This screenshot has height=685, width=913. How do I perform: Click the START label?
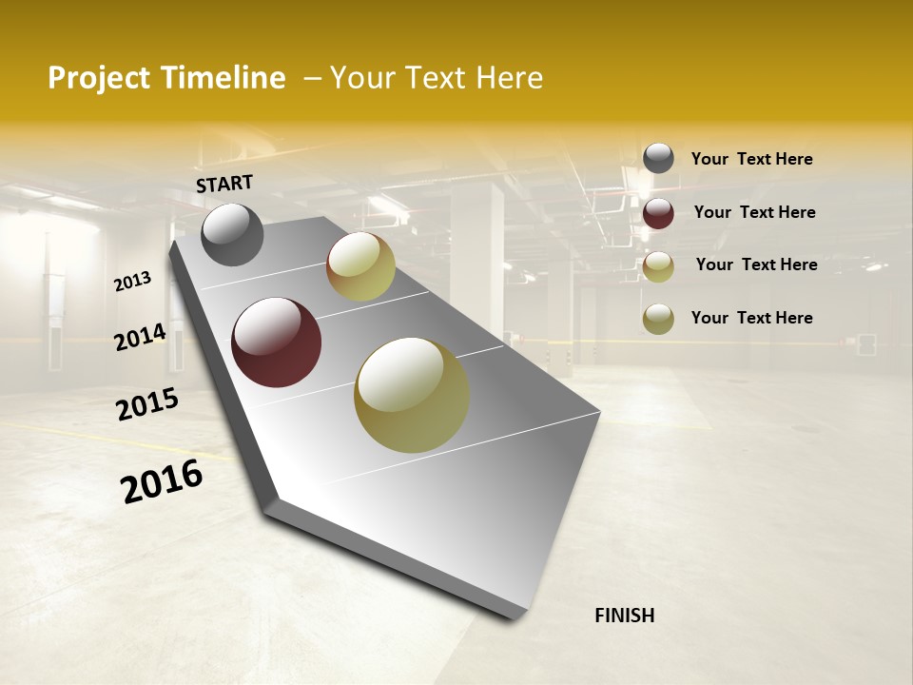pyautogui.click(x=224, y=184)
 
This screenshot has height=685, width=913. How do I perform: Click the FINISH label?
pyautogui.click(x=624, y=616)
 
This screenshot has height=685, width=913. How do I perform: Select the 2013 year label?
pyautogui.click(x=133, y=282)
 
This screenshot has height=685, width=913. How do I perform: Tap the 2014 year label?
pyautogui.click(x=141, y=337)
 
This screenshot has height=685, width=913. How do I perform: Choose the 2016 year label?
pyautogui.click(x=162, y=480)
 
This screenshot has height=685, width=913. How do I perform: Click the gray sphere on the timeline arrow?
pyautogui.click(x=232, y=234)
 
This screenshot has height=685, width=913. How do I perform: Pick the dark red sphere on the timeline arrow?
pyautogui.click(x=276, y=342)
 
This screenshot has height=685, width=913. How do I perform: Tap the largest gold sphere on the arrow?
pyautogui.click(x=412, y=395)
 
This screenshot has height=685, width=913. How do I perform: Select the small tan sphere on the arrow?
pyautogui.click(x=360, y=266)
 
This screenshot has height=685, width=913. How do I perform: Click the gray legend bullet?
pyautogui.click(x=658, y=159)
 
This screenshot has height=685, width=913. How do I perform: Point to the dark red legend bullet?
pyautogui.click(x=658, y=212)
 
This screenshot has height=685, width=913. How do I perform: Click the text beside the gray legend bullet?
pyautogui.click(x=751, y=160)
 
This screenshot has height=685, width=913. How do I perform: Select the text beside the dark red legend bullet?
pyautogui.click(x=754, y=212)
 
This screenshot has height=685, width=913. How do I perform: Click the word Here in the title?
pyautogui.click(x=509, y=78)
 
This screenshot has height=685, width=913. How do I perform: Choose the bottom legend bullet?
pyautogui.click(x=658, y=318)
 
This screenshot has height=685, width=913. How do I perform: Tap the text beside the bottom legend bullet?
pyautogui.click(x=751, y=318)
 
